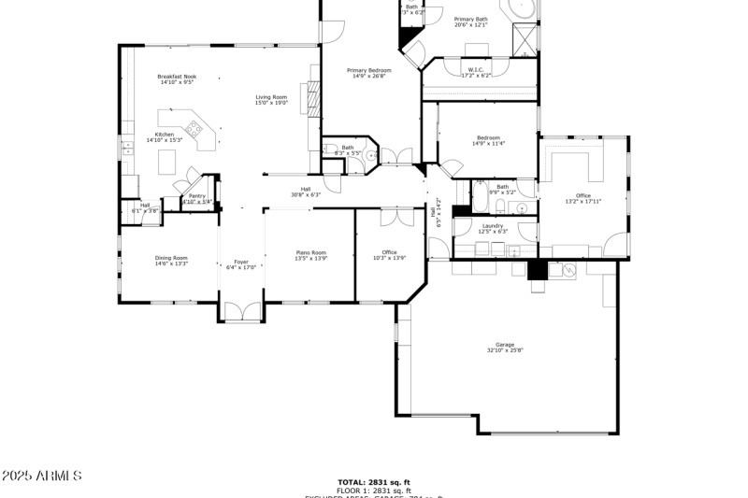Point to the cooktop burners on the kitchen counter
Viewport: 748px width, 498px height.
195,129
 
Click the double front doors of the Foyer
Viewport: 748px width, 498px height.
241,313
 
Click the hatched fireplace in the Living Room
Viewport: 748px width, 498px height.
313,95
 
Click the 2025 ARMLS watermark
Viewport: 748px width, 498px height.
42,477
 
